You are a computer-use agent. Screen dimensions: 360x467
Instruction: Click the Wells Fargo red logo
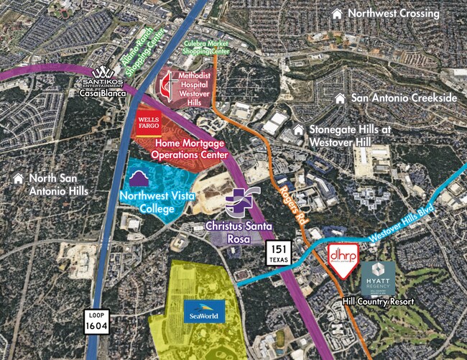pyautogui.click(x=148, y=124)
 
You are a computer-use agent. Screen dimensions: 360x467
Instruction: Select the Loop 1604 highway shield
pyautogui.click(x=95, y=320)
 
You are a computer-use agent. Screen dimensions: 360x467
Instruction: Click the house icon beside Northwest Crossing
pyautogui.click(x=336, y=14)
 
